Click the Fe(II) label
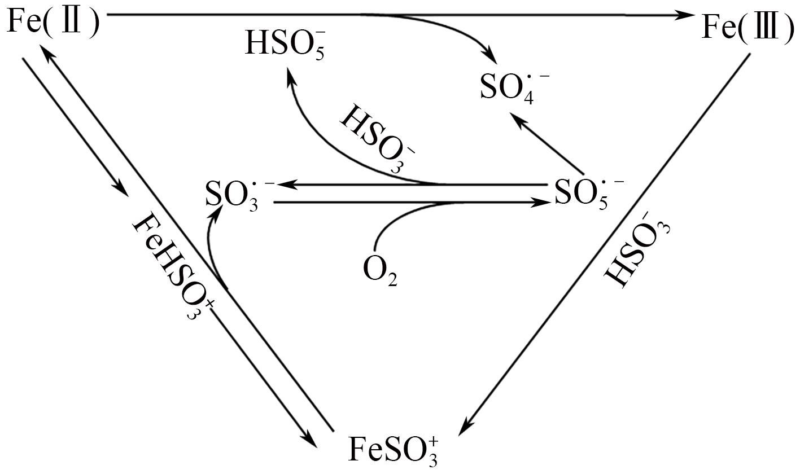click(x=54, y=23)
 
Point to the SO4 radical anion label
click(x=513, y=86)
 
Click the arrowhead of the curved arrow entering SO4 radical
click(x=489, y=58)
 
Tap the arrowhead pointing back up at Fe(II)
click(x=47, y=53)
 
